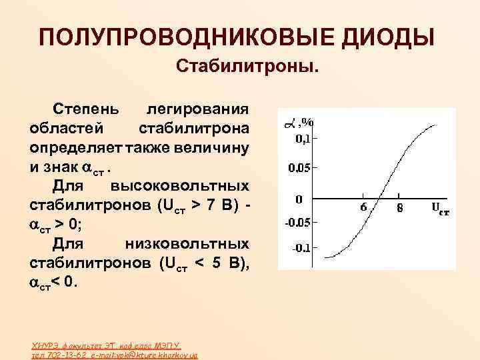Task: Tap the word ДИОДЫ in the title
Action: pyautogui.click(x=388, y=37)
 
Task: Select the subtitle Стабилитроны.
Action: pyautogui.click(x=247, y=67)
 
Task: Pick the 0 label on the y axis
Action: pyautogui.click(x=299, y=199)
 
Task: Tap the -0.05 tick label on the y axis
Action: pyautogui.click(x=298, y=223)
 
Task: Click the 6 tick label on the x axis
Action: pyautogui.click(x=364, y=207)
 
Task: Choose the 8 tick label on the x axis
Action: pyautogui.click(x=399, y=207)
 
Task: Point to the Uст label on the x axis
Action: pyautogui.click(x=440, y=208)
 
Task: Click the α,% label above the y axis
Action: pyautogui.click(x=299, y=123)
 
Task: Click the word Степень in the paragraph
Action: pyautogui.click(x=87, y=109)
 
